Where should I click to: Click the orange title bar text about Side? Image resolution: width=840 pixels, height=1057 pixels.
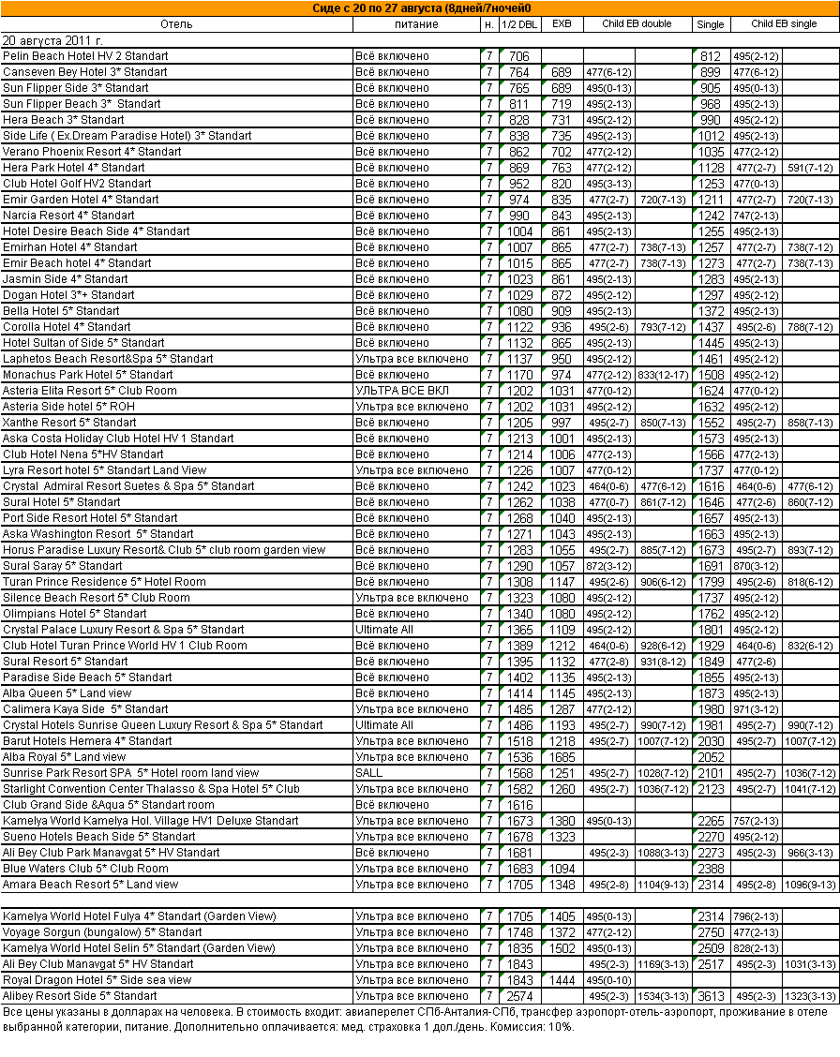419,8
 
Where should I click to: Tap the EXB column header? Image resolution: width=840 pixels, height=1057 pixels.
562,24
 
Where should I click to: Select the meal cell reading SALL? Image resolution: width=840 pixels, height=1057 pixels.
369,773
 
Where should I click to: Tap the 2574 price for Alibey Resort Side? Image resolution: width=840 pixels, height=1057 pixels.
519,996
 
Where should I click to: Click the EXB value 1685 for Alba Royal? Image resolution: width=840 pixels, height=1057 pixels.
562,757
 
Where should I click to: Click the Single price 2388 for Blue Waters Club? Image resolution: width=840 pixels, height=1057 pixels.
710,869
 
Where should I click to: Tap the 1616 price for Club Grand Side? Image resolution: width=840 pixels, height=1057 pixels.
519,805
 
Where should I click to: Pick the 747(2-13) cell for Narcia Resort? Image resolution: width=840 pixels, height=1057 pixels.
756,216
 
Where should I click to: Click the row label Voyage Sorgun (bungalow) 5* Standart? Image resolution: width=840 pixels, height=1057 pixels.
102,932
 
